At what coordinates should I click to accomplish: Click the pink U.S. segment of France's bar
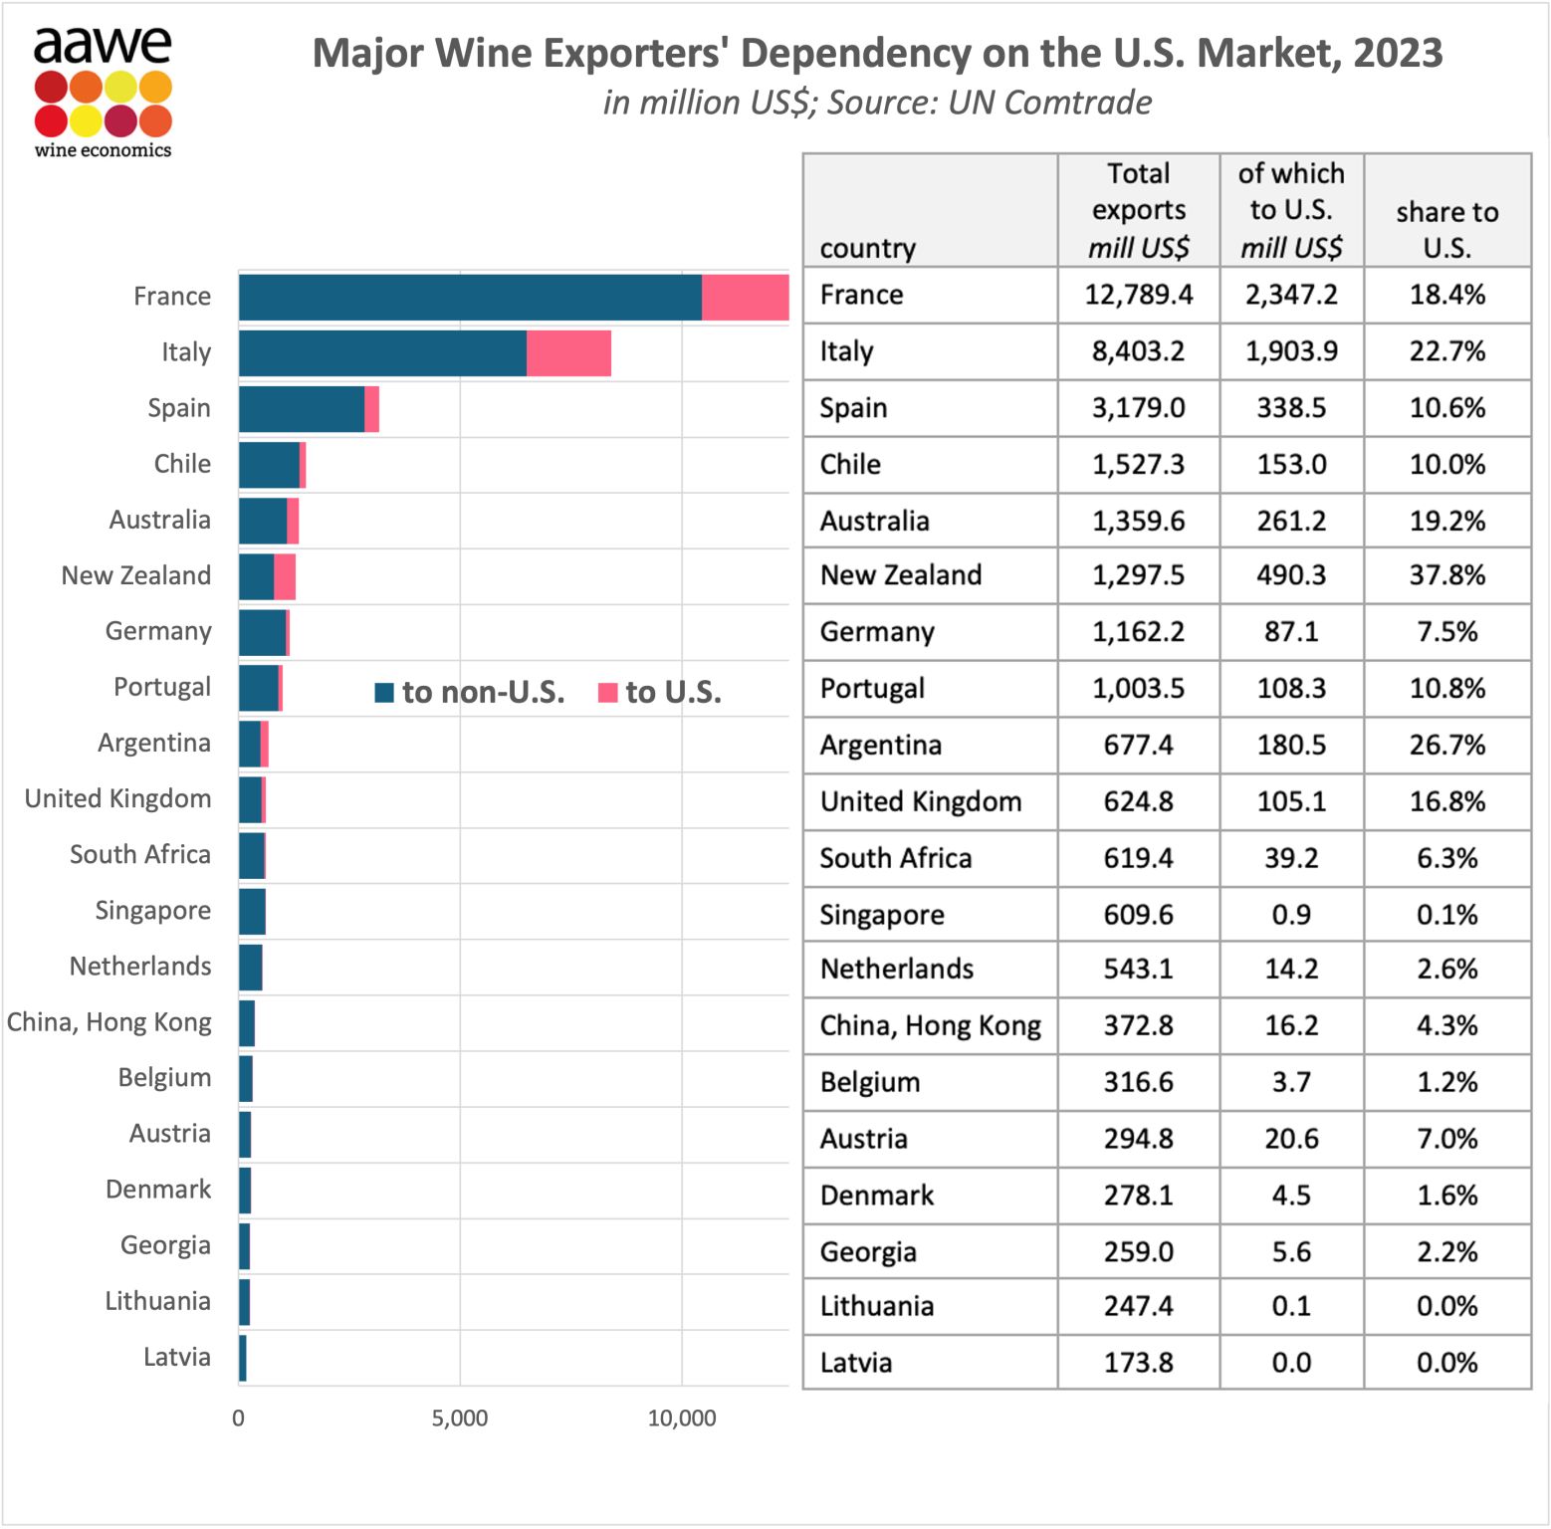[745, 297]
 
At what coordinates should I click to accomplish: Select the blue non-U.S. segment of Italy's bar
[382, 353]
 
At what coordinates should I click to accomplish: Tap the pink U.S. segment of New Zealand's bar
[285, 577]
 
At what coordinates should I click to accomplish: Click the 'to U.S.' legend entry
[660, 692]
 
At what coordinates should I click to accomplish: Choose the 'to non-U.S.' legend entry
[470, 692]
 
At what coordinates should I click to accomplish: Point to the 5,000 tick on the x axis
[460, 1419]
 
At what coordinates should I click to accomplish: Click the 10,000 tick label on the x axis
[682, 1419]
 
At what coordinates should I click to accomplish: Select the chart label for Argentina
[154, 744]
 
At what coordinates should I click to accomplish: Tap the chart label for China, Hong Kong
[110, 1022]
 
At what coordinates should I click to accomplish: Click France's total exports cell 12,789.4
[1138, 295]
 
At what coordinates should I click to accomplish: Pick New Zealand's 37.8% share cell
[1446, 575]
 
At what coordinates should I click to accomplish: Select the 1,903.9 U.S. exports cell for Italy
[1291, 351]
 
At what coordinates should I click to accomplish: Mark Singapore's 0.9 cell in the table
[1291, 915]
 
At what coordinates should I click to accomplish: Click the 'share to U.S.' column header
[1446, 229]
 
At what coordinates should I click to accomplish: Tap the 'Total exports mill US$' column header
[1138, 210]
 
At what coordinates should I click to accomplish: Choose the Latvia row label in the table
[856, 1363]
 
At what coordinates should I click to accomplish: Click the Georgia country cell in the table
[868, 1252]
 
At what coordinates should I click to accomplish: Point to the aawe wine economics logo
[103, 93]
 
